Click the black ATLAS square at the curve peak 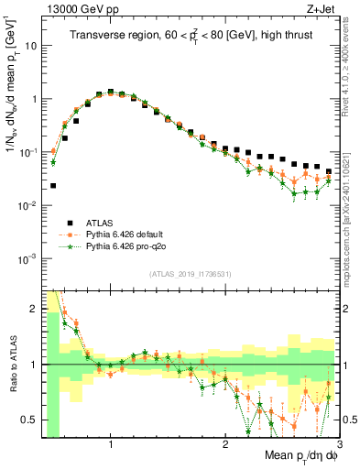click(111, 92)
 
